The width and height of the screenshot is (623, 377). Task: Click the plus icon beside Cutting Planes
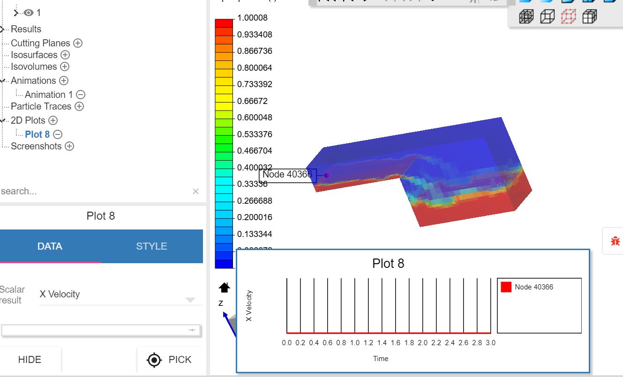click(x=78, y=43)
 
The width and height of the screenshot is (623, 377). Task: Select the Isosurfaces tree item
click(x=34, y=55)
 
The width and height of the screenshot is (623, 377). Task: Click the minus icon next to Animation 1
click(x=81, y=95)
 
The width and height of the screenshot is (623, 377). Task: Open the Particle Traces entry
click(x=41, y=106)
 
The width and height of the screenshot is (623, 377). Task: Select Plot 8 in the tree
click(x=37, y=134)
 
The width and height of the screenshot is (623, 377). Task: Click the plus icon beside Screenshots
click(x=69, y=146)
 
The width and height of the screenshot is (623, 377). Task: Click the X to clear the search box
click(x=195, y=191)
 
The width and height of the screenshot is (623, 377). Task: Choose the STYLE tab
click(x=151, y=246)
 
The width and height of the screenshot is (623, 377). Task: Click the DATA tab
click(x=50, y=246)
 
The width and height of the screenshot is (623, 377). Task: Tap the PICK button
click(x=170, y=360)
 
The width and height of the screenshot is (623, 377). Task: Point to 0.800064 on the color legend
click(x=255, y=68)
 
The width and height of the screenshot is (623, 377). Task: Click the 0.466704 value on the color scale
click(x=255, y=151)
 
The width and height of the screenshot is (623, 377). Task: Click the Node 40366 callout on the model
click(x=287, y=175)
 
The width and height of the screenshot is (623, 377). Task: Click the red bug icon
click(x=615, y=241)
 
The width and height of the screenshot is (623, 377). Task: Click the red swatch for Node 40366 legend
click(x=506, y=287)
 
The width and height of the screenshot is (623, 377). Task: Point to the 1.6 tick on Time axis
click(x=396, y=343)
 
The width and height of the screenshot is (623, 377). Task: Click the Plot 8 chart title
click(x=388, y=264)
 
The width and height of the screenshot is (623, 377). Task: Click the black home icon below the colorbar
click(x=225, y=287)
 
